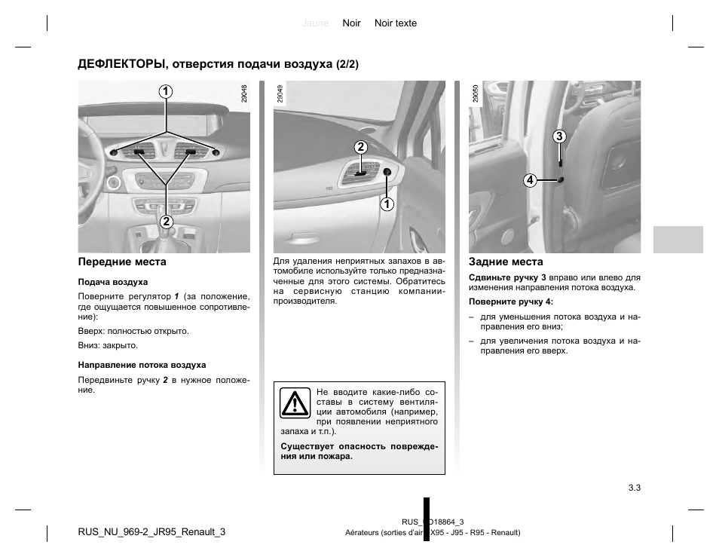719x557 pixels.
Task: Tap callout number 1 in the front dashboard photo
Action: (164, 92)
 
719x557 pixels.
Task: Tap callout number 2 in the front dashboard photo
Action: (165, 222)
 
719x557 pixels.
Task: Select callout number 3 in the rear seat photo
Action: (558, 136)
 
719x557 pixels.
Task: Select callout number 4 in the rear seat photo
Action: (530, 180)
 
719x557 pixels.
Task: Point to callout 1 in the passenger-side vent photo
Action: (387, 204)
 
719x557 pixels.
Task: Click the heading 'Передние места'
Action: (122, 262)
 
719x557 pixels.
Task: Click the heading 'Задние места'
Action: (506, 262)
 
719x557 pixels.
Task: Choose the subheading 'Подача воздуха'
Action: (113, 283)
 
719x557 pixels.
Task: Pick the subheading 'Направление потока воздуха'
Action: (142, 365)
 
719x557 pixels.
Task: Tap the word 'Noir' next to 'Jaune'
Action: (351, 23)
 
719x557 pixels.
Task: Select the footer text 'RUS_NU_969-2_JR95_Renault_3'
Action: (151, 531)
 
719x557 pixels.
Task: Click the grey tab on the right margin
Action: (678, 239)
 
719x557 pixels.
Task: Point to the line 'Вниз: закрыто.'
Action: (108, 345)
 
